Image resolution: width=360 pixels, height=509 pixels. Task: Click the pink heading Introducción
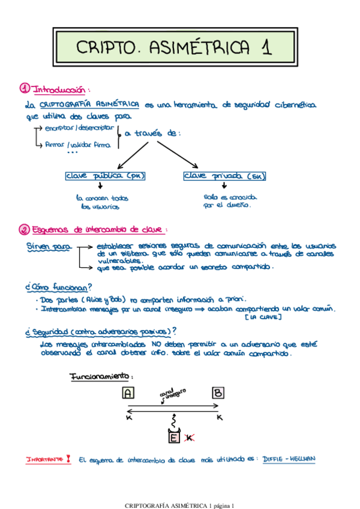tap(59, 89)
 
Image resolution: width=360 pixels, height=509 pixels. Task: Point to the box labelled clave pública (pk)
tap(106, 176)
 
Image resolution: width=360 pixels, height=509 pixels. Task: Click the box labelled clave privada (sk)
tap(224, 176)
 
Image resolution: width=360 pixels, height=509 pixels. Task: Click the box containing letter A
tap(128, 393)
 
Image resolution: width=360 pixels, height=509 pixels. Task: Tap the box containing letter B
tap(218, 393)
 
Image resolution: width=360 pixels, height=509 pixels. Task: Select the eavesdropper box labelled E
tap(174, 438)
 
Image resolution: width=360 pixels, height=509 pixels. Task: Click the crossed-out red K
tap(189, 438)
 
